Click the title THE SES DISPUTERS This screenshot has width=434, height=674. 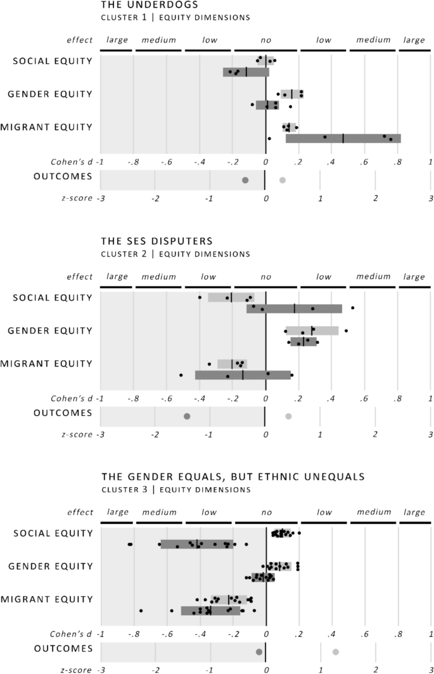point(148,242)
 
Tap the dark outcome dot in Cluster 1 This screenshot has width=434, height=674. point(245,180)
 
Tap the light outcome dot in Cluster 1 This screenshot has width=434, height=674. point(283,180)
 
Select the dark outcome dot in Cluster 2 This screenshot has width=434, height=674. point(187,416)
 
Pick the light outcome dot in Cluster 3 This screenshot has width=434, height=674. point(336,652)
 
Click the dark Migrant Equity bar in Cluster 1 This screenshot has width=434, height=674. point(343,138)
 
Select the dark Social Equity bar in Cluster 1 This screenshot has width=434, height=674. point(246,72)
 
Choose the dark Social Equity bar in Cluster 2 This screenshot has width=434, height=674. point(294,309)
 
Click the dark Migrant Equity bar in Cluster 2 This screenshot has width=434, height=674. point(243,375)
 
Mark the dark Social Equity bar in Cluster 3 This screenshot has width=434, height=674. point(197,544)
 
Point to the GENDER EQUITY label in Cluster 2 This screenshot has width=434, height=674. point(50,330)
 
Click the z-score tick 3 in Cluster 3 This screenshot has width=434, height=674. point(430,670)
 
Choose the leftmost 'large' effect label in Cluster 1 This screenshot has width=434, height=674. point(117,41)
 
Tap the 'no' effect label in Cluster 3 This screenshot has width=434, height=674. point(265,513)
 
